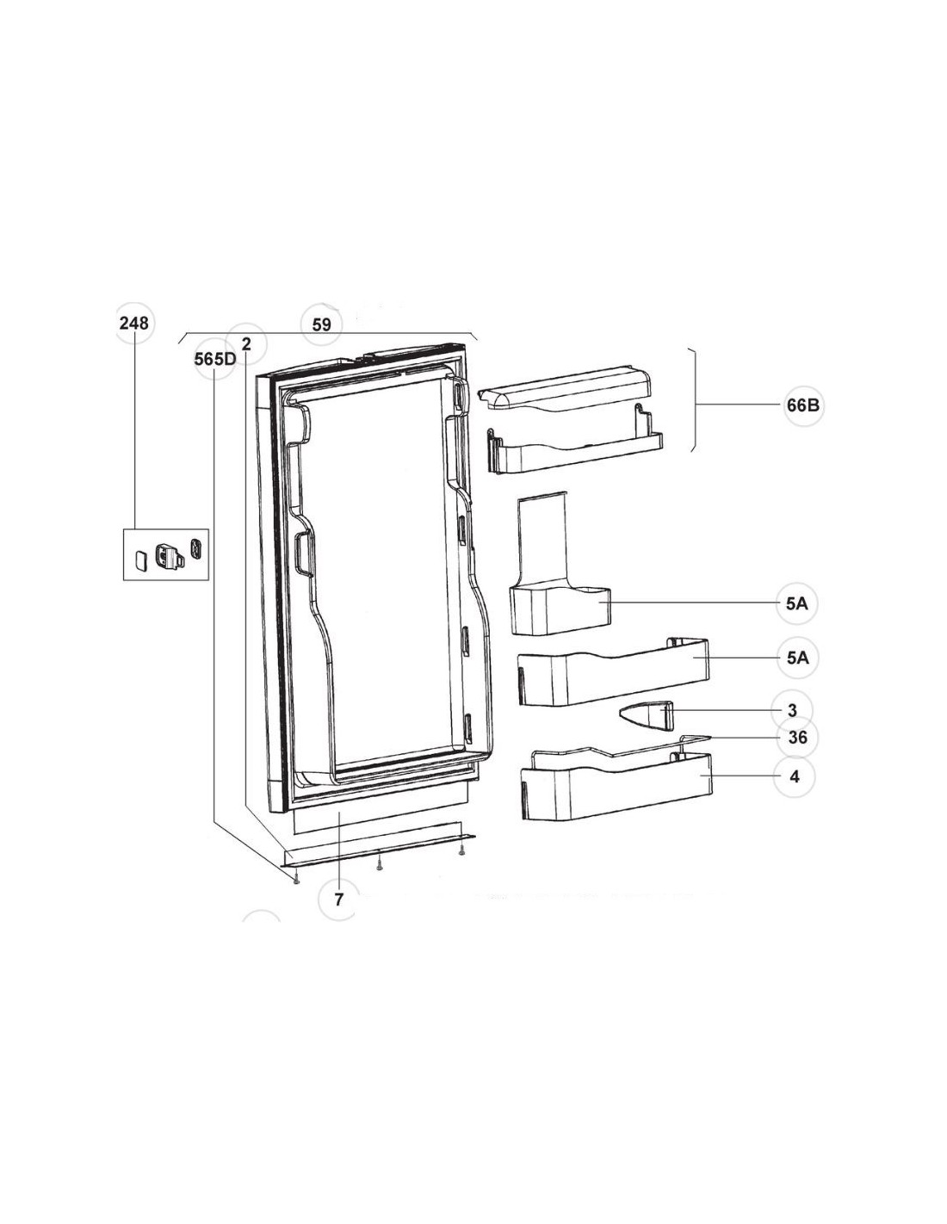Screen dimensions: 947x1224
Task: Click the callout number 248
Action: click(134, 324)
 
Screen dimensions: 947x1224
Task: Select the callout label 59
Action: click(322, 325)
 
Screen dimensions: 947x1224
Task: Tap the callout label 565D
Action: click(214, 359)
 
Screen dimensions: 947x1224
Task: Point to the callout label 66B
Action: click(802, 405)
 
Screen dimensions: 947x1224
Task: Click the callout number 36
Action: click(798, 738)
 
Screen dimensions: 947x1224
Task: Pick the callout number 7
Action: click(338, 899)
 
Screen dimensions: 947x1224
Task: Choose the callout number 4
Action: click(795, 776)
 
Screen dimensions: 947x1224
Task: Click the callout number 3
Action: click(793, 711)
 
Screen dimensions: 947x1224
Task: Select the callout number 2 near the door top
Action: click(246, 343)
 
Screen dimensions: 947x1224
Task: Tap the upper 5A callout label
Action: click(797, 604)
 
